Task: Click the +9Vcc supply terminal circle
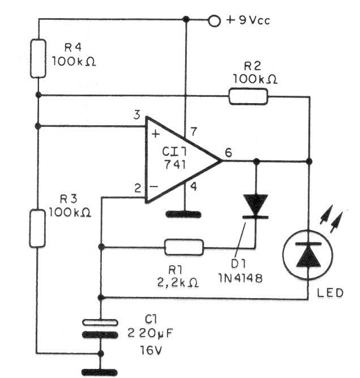pos(214,20)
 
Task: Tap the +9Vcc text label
pos(248,20)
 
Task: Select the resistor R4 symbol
pos(38,58)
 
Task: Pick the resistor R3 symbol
pos(38,228)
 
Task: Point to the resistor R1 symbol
pos(183,247)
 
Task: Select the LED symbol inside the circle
pos(309,254)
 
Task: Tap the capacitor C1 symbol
pos(101,329)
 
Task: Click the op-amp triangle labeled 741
pos(178,160)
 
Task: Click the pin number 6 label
pos(228,152)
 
